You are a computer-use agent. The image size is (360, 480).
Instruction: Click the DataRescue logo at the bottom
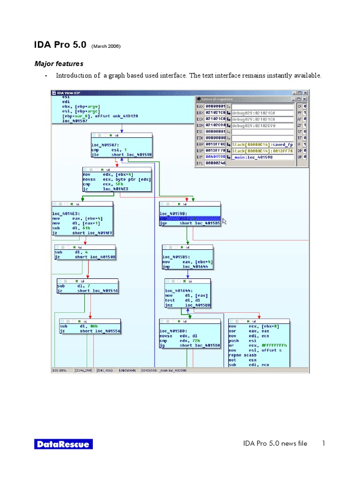[63, 444]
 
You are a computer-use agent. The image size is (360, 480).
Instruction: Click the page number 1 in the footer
[323, 443]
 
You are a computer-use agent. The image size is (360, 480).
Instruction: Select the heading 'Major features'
[59, 63]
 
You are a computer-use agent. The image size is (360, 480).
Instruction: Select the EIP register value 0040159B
[215, 157]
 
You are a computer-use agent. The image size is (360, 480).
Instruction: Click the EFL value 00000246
[215, 163]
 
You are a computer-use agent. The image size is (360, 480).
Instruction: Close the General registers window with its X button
[305, 99]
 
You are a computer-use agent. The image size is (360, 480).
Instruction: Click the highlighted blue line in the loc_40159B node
[189, 218]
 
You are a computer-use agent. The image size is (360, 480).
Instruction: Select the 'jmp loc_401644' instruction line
[187, 267]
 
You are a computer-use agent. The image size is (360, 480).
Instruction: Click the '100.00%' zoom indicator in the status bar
[60, 370]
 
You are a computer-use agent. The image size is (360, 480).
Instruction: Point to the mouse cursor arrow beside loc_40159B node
[225, 220]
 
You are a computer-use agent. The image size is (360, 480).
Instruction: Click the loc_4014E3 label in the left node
[66, 213]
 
